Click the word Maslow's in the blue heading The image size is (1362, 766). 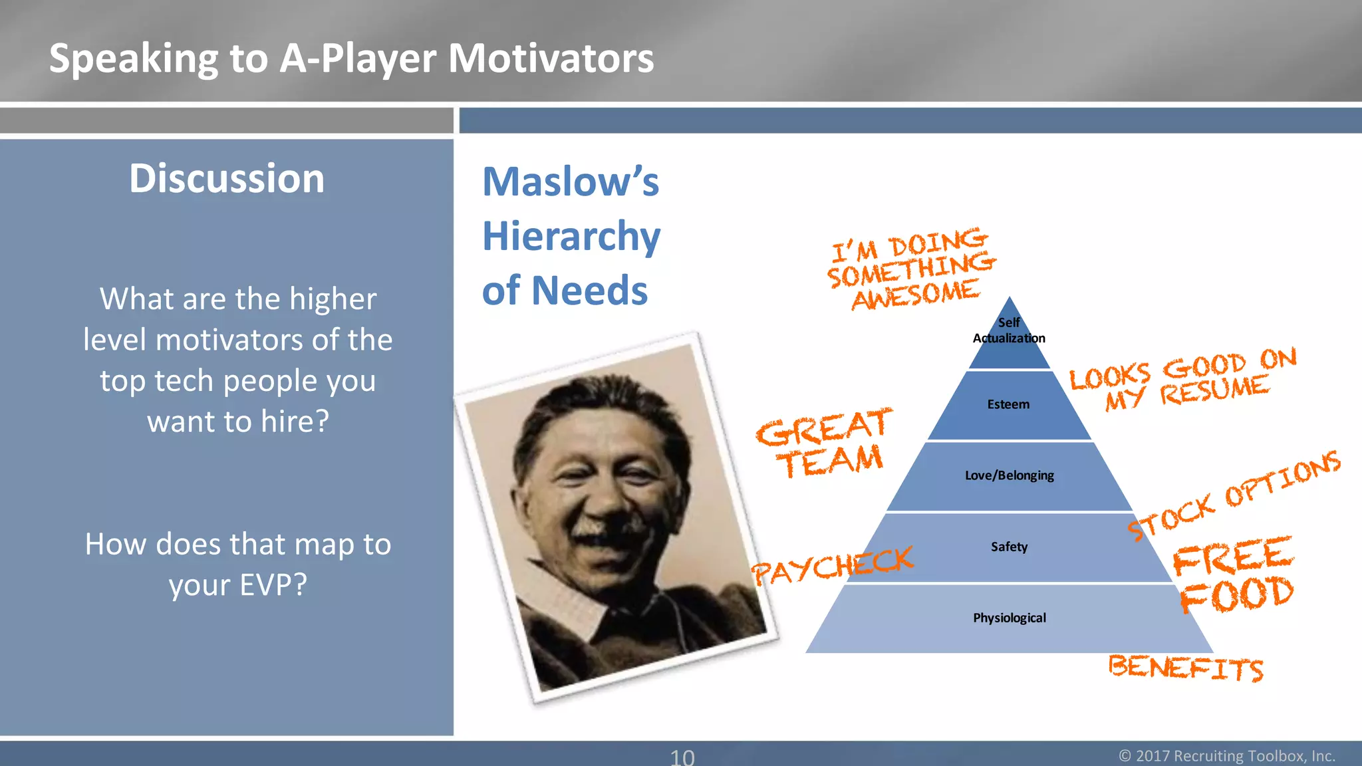571,182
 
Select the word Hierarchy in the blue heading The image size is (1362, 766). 571,237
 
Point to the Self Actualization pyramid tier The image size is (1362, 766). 1009,331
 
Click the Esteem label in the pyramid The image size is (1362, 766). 1008,404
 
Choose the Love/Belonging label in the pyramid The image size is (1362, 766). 1009,475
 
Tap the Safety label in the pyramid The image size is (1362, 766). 1009,547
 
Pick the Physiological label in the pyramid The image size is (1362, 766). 1009,618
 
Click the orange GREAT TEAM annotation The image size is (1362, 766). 825,444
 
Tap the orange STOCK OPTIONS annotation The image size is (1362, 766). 1234,495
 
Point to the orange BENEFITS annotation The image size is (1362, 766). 1185,668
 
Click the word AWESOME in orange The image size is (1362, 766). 916,295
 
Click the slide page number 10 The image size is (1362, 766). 682,757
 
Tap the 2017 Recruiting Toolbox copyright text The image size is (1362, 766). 1227,756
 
